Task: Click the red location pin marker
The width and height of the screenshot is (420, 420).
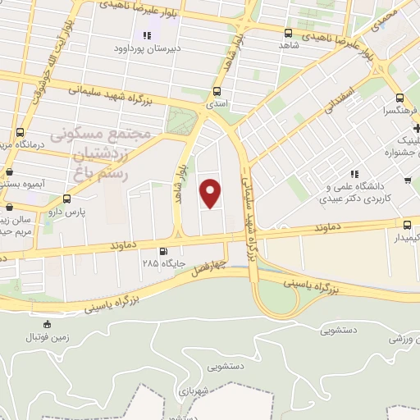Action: [211, 193]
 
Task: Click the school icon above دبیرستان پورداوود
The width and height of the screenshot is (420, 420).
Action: [148, 35]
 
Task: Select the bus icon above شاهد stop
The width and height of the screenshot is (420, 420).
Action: [288, 33]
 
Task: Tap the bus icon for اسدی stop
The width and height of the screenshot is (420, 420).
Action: [217, 92]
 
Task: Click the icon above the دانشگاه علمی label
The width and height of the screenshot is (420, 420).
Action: [355, 174]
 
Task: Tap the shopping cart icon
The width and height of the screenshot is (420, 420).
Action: [408, 180]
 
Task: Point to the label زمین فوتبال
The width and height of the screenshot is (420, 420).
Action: [42, 337]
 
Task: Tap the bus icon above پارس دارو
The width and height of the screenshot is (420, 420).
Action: [66, 199]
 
